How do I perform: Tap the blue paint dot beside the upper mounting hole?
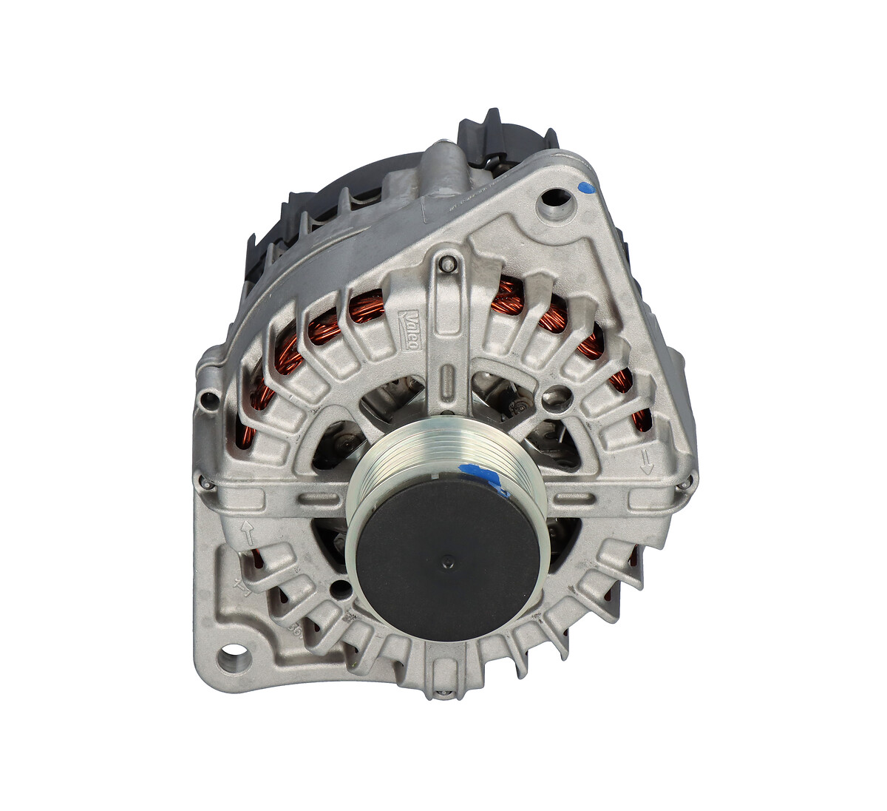pyautogui.click(x=585, y=189)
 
